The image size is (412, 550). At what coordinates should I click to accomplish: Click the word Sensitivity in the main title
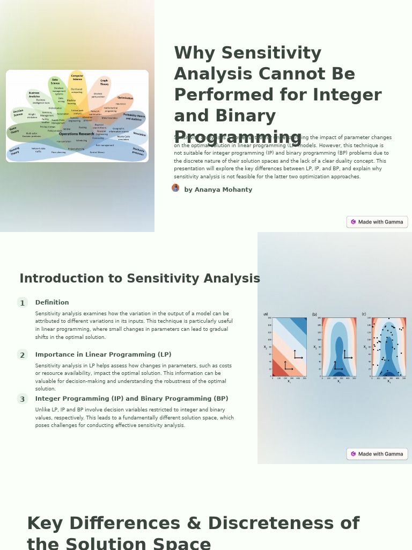(271, 53)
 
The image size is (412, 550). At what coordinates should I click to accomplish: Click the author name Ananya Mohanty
(218, 190)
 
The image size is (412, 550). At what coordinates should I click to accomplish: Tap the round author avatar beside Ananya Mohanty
(175, 188)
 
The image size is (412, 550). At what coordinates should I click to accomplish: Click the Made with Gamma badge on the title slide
(377, 222)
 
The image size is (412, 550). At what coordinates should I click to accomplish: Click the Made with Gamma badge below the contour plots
(377, 454)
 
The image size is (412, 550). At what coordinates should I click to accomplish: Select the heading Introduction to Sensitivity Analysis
(139, 279)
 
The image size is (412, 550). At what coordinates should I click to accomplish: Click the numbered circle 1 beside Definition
(22, 303)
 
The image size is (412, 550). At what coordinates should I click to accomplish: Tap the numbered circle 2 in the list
(22, 355)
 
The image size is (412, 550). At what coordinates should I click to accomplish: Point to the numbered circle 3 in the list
(22, 399)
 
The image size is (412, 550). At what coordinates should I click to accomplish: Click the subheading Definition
(52, 302)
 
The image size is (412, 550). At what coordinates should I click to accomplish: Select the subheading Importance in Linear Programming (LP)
(103, 354)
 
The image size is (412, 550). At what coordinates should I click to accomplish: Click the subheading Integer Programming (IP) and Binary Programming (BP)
(131, 399)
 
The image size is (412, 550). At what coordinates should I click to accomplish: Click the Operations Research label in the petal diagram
(76, 134)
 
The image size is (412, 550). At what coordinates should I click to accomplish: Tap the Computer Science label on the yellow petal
(77, 77)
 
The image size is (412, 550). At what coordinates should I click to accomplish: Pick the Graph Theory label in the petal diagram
(104, 82)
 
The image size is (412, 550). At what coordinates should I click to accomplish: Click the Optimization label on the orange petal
(125, 98)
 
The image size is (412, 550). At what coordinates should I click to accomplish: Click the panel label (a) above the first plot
(266, 314)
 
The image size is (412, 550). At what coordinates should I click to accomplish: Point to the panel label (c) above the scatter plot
(364, 314)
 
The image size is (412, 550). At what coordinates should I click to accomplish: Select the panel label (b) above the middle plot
(314, 314)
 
